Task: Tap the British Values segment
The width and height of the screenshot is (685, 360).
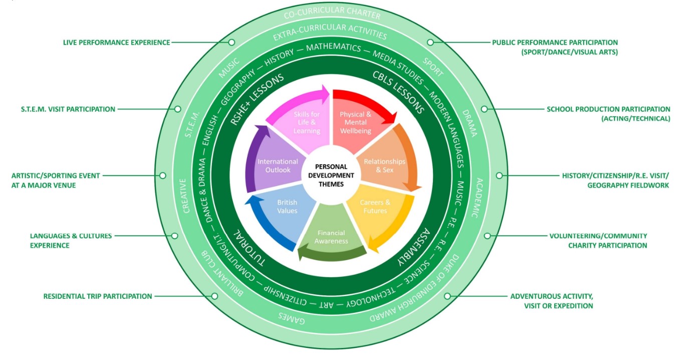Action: pos(287,206)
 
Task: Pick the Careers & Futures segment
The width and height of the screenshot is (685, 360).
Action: pos(375,206)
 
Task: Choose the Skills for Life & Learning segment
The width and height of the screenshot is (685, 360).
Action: pos(307,122)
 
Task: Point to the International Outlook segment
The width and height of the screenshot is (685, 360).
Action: pos(278,166)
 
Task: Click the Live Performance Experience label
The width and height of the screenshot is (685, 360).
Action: pos(116,43)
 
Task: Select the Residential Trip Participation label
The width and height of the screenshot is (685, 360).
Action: pos(97,296)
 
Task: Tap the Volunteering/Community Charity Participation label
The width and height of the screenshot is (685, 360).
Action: pos(598,241)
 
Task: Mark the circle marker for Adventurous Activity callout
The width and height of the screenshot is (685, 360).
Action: pos(447,296)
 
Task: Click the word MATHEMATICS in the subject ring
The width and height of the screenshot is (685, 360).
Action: pos(333,48)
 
